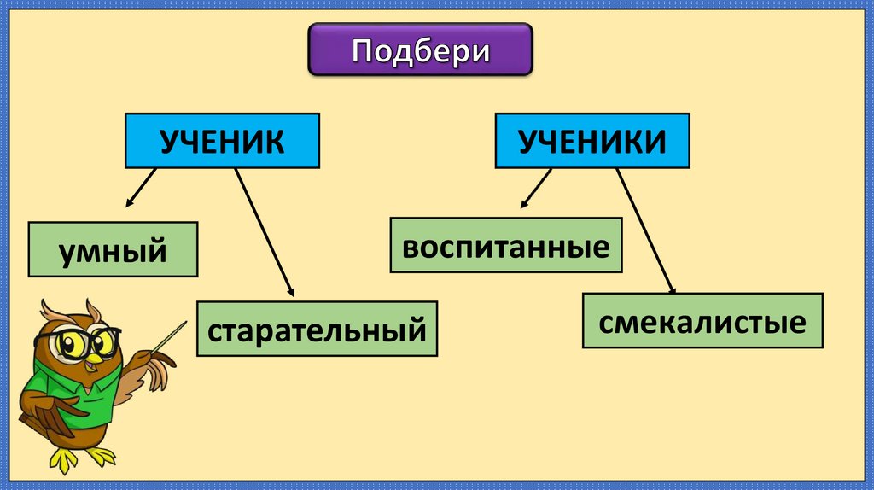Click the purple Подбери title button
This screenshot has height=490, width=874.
coord(420,50)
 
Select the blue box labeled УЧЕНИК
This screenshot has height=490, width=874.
coord(223,140)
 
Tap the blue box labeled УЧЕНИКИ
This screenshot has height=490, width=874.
coord(593,140)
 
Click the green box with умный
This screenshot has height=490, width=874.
coord(113,249)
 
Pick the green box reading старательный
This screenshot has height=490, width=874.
coord(317,329)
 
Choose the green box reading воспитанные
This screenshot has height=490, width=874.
coord(506,245)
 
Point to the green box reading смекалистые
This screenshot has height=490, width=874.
coord(702,320)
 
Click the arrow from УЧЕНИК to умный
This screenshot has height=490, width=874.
coord(141,187)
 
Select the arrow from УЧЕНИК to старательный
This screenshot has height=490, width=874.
coord(264,231)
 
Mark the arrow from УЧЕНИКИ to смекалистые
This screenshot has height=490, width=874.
coord(645,229)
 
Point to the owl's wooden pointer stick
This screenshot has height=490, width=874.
coord(168,335)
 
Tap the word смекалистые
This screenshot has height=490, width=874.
coord(702,322)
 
